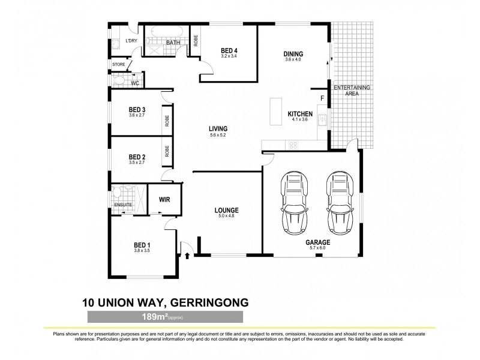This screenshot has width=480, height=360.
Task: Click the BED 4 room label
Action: click(x=229, y=50)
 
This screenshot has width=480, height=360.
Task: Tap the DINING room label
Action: click(x=293, y=54)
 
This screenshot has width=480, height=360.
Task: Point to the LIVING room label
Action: click(x=217, y=128)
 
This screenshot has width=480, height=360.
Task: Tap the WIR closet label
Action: click(x=164, y=200)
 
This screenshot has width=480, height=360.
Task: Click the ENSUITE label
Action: click(x=123, y=206)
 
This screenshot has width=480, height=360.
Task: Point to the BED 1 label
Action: click(x=142, y=245)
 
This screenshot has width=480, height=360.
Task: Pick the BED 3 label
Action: click(x=137, y=110)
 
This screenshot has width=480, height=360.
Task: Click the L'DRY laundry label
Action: click(x=131, y=41)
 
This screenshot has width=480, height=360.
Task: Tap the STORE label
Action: click(x=118, y=64)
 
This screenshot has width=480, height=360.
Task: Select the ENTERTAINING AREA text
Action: click(x=352, y=91)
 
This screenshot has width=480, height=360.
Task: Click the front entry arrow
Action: click(x=187, y=256)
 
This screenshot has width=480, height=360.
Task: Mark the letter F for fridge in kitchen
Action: click(x=322, y=98)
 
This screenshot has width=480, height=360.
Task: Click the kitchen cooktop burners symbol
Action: click(x=294, y=145)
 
